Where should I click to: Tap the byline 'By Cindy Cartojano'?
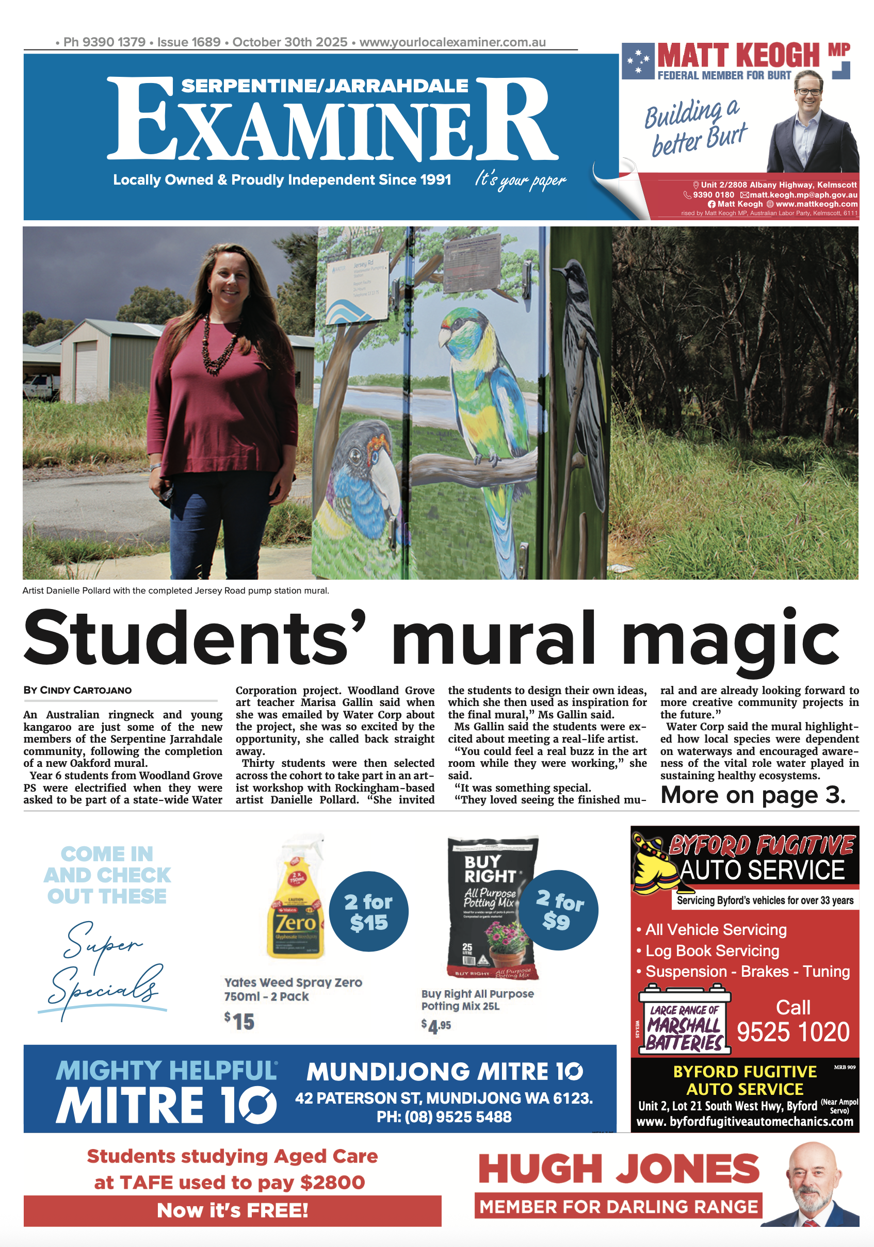(77, 691)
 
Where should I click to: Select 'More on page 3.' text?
(752, 795)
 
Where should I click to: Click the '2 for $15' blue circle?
(368, 912)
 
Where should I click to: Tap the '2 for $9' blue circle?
(559, 910)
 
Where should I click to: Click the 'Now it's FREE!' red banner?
(232, 1210)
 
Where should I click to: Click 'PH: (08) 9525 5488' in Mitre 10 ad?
(444, 1117)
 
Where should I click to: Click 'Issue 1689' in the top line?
(188, 42)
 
